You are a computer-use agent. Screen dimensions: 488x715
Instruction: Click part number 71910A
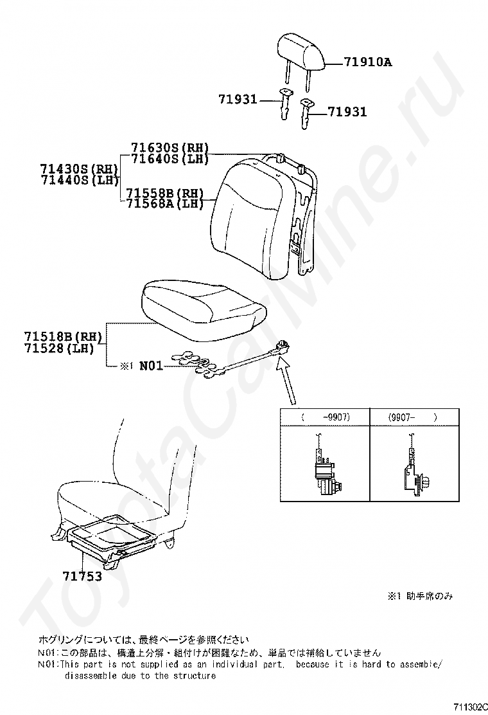click(x=368, y=62)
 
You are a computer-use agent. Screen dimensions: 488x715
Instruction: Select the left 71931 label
click(x=238, y=99)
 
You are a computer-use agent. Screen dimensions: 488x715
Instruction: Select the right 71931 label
click(x=347, y=112)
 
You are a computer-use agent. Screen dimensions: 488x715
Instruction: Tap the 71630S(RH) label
click(x=170, y=148)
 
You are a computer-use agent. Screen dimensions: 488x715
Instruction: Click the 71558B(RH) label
click(x=165, y=192)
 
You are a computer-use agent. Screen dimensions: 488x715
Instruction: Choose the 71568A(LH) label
click(x=165, y=204)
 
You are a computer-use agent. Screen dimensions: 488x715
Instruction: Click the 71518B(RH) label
click(x=63, y=337)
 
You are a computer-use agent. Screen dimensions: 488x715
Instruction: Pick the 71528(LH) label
click(x=59, y=348)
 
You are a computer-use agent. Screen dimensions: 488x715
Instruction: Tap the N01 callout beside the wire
click(x=151, y=366)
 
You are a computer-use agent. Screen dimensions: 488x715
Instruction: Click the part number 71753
click(x=82, y=576)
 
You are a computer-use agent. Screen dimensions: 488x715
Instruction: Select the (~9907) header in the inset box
click(x=326, y=417)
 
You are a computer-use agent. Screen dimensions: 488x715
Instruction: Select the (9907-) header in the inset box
click(x=413, y=417)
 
